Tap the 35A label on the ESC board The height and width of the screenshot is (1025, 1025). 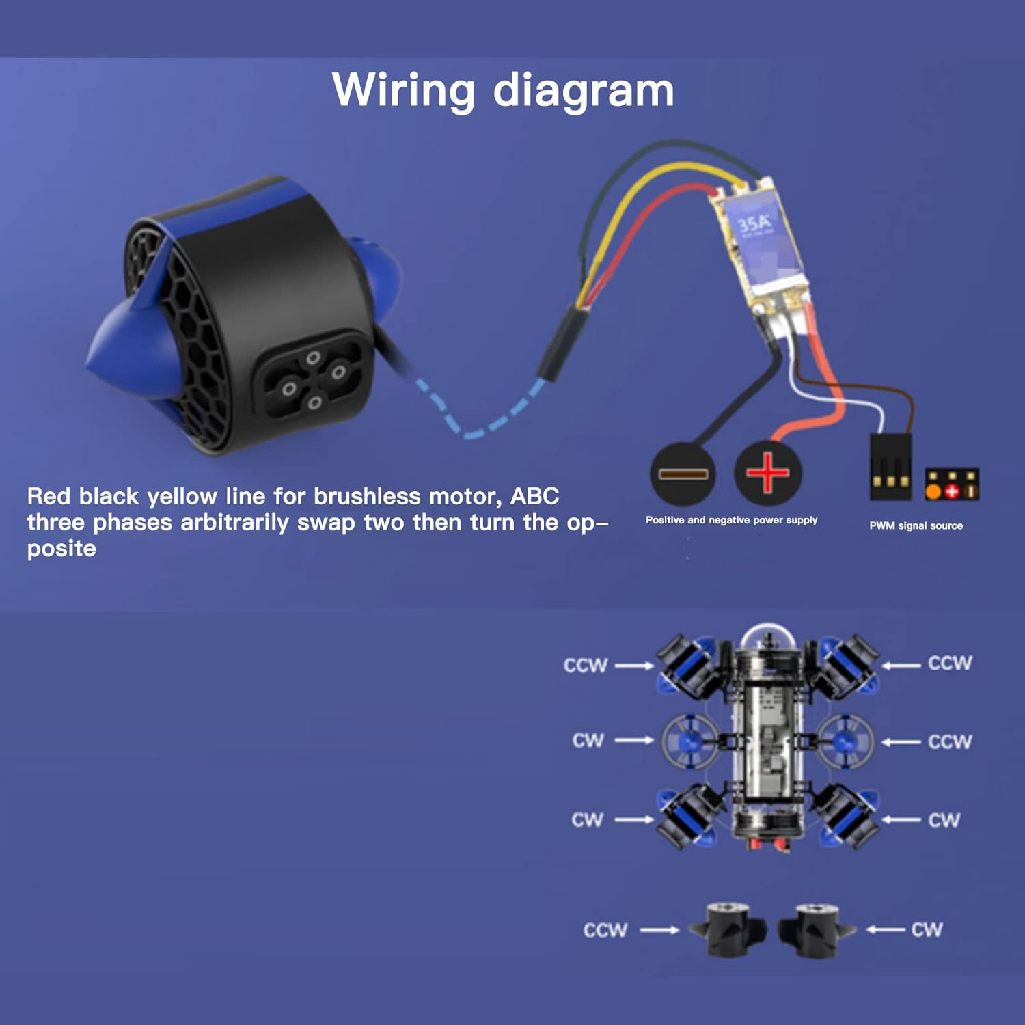tap(753, 223)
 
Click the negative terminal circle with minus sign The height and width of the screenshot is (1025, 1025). tap(683, 474)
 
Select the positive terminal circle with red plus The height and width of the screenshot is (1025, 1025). tap(767, 472)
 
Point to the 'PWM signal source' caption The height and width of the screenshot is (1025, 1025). tap(916, 525)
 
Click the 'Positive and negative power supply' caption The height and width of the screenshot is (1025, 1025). tap(731, 520)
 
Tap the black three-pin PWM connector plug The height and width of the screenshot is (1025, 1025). tap(890, 466)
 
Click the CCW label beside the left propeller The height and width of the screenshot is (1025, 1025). tap(605, 930)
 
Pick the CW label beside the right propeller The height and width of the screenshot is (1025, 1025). tap(927, 929)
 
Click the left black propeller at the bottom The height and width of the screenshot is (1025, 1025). tap(728, 929)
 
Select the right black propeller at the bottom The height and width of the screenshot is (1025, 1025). tap(816, 929)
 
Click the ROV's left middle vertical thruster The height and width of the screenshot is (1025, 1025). tap(689, 741)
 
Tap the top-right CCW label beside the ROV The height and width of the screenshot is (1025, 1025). tap(950, 663)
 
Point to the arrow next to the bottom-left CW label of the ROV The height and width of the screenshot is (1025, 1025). tap(634, 819)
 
